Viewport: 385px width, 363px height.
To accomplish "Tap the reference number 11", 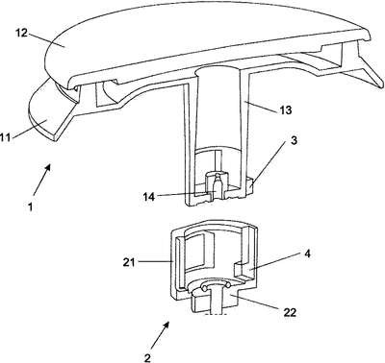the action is coord(6,137).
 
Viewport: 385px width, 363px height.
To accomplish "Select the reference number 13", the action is coord(285,110).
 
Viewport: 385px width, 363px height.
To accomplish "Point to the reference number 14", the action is coord(148,197).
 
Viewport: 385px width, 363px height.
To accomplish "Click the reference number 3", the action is coord(293,141).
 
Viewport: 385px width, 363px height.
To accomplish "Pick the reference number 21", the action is coord(129,262).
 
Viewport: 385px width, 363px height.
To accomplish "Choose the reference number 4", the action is coord(307,254).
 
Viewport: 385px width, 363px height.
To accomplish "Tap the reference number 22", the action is coord(289,312).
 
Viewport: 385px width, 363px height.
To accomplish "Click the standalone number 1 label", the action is coord(30,207).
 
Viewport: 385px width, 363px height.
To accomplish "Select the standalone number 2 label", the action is coord(147,357).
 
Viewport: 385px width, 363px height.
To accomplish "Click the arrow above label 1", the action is coord(42,180).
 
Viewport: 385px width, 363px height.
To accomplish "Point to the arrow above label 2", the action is coord(160,335).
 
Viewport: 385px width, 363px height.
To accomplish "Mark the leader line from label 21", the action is coord(155,262).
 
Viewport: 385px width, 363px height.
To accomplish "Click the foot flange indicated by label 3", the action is coord(247,187).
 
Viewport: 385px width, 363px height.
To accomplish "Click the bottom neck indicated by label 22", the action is coord(216,300).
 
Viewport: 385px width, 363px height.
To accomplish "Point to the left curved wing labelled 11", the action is coord(48,112).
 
